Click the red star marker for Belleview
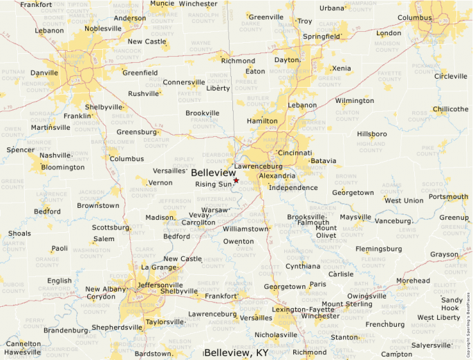[236, 180]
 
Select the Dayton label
[286, 60]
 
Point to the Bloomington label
[62, 167]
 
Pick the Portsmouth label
[448, 196]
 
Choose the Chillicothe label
[450, 109]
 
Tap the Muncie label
[162, 3]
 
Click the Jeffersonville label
[160, 285]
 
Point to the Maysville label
[355, 217]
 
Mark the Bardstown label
[153, 353]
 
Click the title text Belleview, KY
[236, 352]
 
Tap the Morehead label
[412, 281]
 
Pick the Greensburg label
[136, 132]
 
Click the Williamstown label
[245, 228]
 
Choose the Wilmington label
[354, 101]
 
